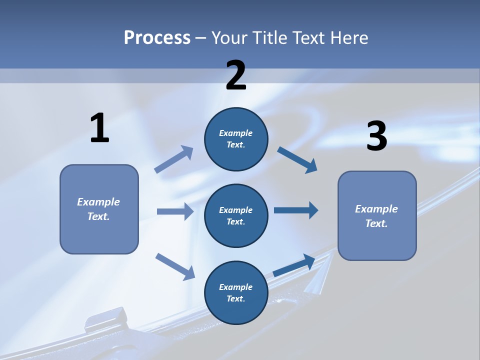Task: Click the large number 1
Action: tap(99, 128)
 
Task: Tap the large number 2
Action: tap(236, 75)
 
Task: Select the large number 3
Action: tap(377, 136)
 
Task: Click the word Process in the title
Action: tap(157, 37)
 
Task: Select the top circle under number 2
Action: tap(236, 139)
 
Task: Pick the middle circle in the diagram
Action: tap(236, 215)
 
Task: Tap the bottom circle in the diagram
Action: tap(236, 292)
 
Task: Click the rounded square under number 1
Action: tap(99, 209)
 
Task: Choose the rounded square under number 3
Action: tap(377, 215)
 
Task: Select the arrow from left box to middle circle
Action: tap(175, 211)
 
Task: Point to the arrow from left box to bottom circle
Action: tap(175, 266)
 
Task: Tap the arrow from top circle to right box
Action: tap(297, 160)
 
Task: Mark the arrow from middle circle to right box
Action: tap(296, 210)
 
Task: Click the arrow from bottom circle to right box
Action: tap(294, 265)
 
